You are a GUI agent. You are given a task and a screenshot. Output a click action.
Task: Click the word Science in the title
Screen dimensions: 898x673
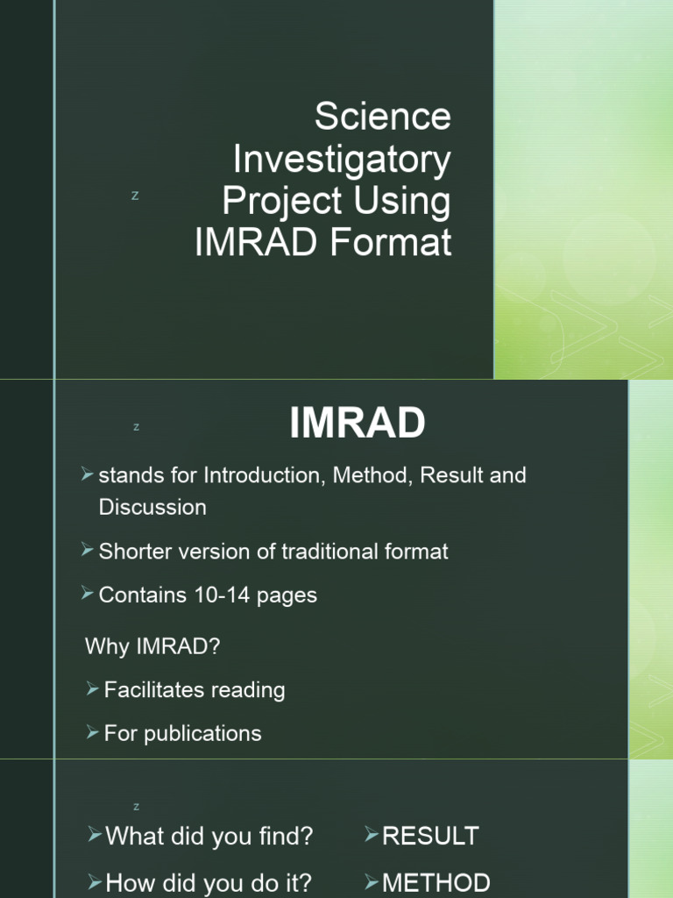pos(383,116)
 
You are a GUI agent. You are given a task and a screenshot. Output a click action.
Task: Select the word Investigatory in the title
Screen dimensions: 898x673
pos(342,159)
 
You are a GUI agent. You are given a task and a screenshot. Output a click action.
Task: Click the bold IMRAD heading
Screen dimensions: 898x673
pos(358,424)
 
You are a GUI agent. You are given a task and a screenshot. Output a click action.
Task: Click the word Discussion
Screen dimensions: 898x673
pos(152,507)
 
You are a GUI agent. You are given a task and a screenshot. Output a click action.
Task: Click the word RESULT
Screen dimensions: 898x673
pos(430,836)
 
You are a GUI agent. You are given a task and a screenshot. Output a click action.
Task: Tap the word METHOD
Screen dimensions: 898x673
pos(436,882)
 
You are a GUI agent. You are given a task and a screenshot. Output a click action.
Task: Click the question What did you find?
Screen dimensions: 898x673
pos(209,836)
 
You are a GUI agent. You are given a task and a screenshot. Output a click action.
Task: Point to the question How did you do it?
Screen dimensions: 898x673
pos(209,882)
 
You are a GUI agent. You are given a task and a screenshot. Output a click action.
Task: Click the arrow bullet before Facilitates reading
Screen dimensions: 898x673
pos(94,689)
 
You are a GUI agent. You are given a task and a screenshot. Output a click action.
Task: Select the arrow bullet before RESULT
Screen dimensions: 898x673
pos(372,835)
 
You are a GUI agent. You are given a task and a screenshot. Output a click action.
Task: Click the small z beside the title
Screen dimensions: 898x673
pos(135,196)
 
